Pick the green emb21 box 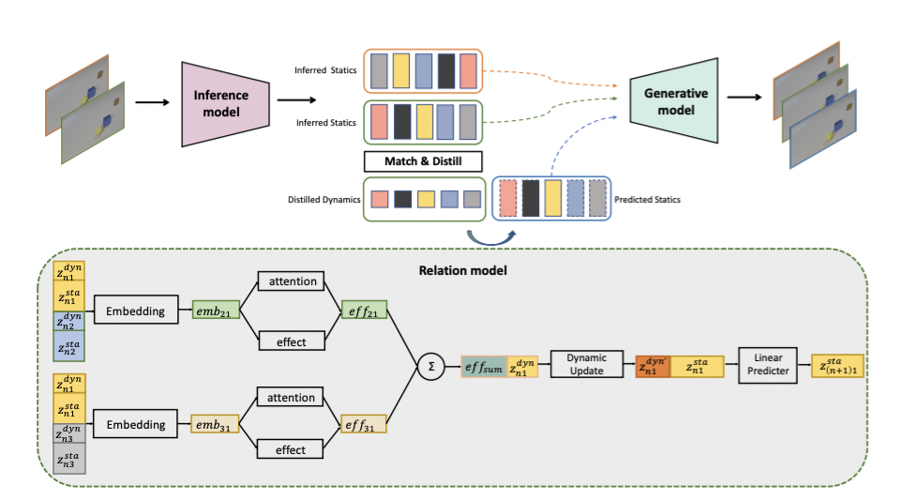tap(215, 311)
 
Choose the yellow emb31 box tap(215, 424)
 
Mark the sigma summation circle tap(431, 366)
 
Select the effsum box tap(484, 366)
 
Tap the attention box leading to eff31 tap(291, 398)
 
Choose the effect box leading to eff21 tap(291, 341)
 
